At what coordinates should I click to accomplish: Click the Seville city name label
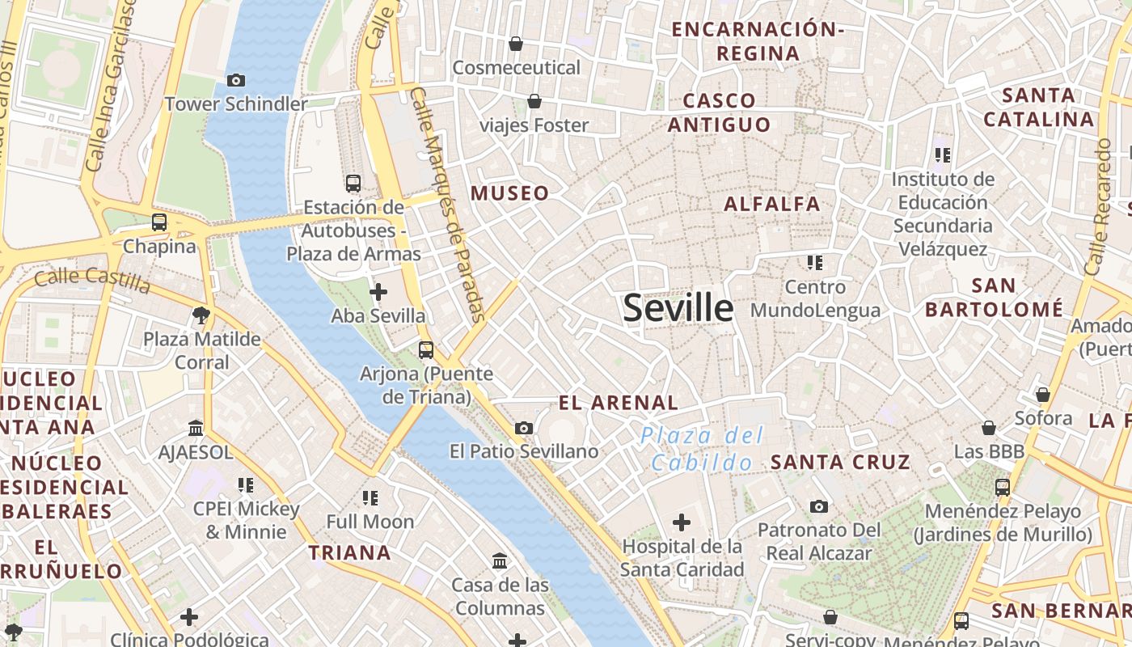(678, 308)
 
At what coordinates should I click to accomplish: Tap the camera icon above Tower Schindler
(236, 80)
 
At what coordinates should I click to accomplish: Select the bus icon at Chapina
(159, 222)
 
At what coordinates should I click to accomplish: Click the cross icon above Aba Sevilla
(378, 292)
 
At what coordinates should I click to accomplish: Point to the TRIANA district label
(349, 553)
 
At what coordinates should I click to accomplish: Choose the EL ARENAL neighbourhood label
(619, 403)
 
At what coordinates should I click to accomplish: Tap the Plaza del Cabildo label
(702, 449)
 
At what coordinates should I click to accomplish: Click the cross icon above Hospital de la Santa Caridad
(682, 522)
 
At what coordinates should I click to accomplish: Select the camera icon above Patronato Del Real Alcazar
(819, 507)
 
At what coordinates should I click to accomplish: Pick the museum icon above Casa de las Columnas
(500, 560)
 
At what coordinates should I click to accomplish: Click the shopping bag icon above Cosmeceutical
(516, 44)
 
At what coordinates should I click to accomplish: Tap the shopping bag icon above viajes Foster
(534, 102)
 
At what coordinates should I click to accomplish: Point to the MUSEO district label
(509, 193)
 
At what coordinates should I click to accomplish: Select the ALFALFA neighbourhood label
(772, 204)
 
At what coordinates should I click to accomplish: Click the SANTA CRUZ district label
(840, 463)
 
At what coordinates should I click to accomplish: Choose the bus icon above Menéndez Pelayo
(1003, 488)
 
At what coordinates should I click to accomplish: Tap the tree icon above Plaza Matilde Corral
(201, 315)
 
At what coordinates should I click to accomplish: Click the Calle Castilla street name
(92, 280)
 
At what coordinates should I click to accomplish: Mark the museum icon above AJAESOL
(196, 428)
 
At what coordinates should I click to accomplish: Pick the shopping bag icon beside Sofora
(1043, 395)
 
